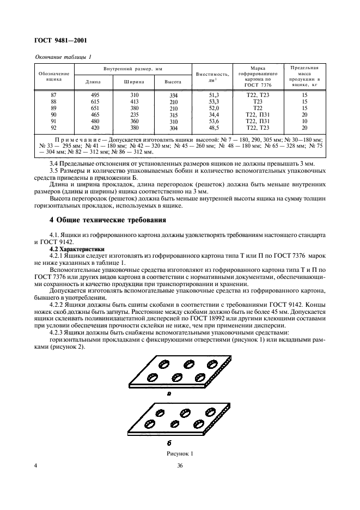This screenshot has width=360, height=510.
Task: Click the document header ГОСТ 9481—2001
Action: point(60,40)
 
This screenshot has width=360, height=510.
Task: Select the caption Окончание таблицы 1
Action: point(63,57)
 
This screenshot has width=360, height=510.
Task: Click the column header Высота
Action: point(173,82)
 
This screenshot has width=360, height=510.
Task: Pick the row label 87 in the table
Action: point(53,95)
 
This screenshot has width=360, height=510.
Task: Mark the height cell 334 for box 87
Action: point(173,95)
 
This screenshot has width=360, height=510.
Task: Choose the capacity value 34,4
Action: point(213,114)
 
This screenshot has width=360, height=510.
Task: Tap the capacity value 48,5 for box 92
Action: point(213,127)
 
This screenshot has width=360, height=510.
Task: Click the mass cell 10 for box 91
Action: point(304,121)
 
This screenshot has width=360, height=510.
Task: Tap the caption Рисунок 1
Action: point(180,453)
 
